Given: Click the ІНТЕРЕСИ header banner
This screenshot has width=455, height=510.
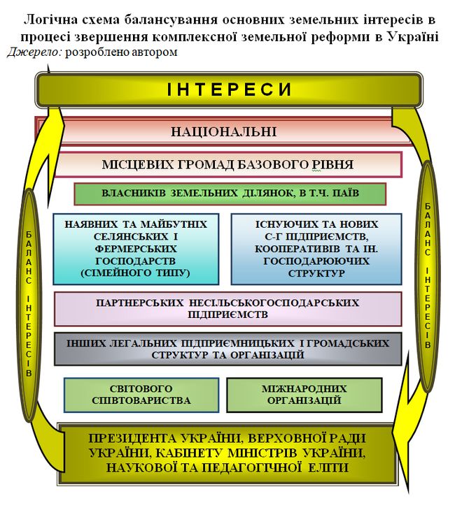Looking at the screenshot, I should click(228, 89).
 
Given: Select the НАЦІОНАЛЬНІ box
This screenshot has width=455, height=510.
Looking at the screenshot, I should click(224, 131).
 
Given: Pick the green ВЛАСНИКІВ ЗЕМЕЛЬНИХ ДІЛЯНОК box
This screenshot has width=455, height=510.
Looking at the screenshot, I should click(230, 194).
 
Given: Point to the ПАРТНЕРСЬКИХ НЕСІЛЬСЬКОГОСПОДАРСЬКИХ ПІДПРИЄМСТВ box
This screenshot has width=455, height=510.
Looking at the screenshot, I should click(227, 309).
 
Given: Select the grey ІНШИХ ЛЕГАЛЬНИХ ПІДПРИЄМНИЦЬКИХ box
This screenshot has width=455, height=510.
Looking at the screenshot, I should click(227, 349).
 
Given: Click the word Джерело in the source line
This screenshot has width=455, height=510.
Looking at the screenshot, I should click(34, 52).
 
